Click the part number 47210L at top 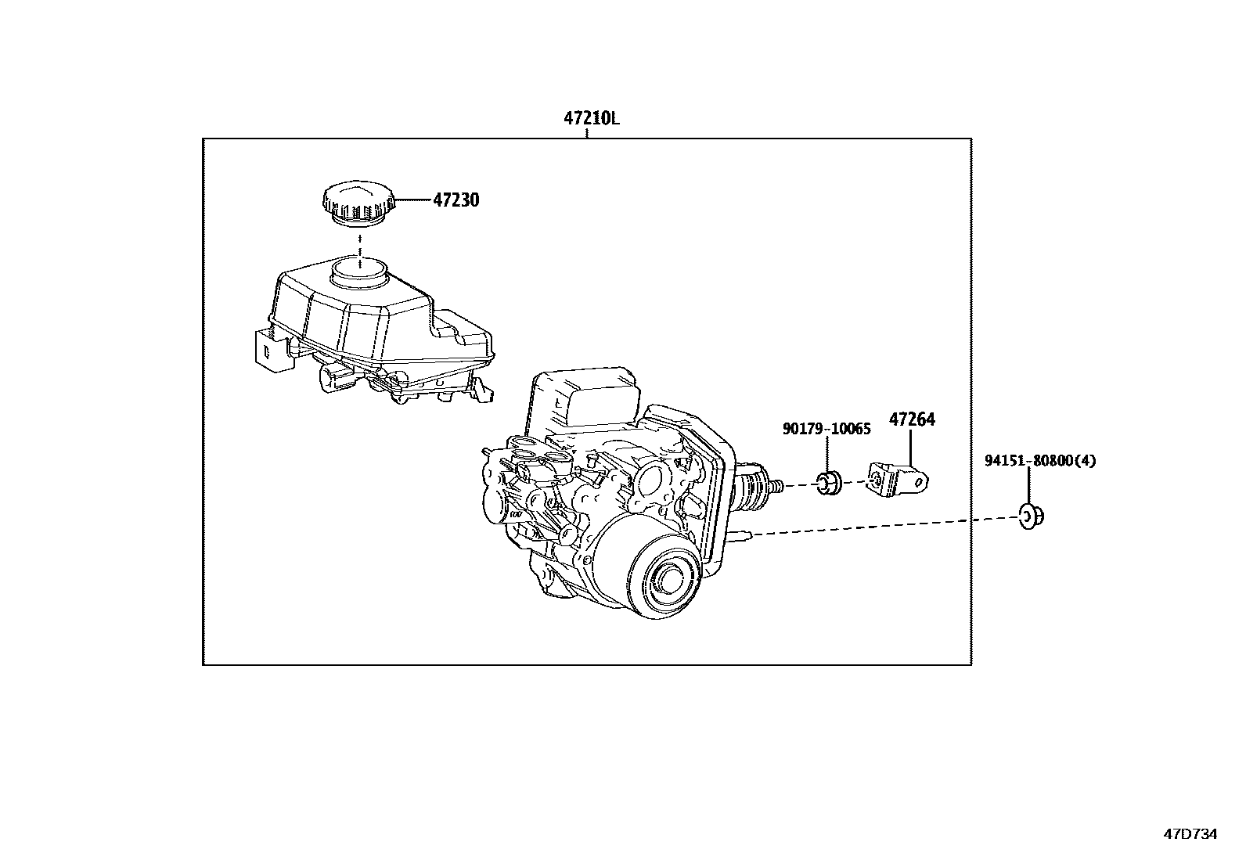591,119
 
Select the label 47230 456,200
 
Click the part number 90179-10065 826,429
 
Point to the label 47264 911,419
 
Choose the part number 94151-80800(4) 1039,461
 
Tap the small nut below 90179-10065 829,484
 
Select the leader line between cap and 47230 412,201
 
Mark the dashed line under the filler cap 359,244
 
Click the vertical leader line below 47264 911,447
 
